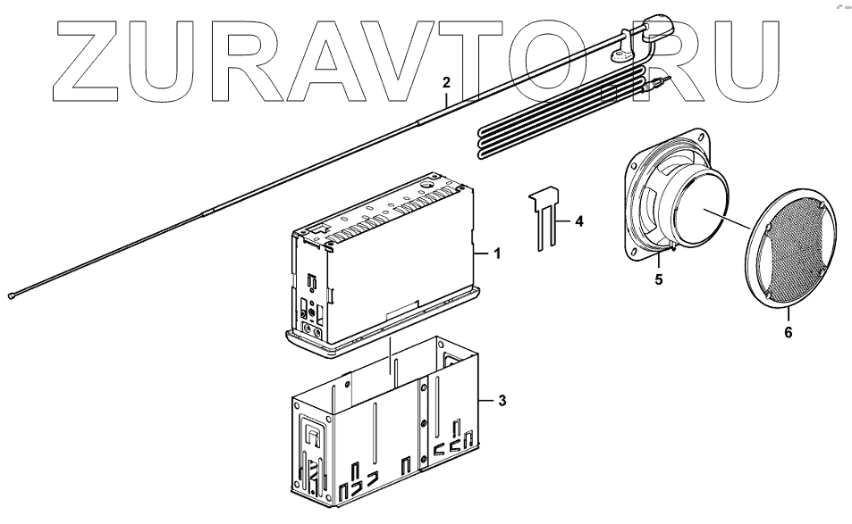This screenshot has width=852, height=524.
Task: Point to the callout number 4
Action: [578, 220]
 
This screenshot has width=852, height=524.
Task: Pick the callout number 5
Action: [659, 279]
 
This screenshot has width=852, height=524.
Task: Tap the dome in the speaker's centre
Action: [706, 214]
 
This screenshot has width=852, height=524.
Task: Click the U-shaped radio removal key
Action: [546, 219]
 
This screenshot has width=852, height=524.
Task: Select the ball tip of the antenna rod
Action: [13, 295]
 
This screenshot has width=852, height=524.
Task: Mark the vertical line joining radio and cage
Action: [391, 357]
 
